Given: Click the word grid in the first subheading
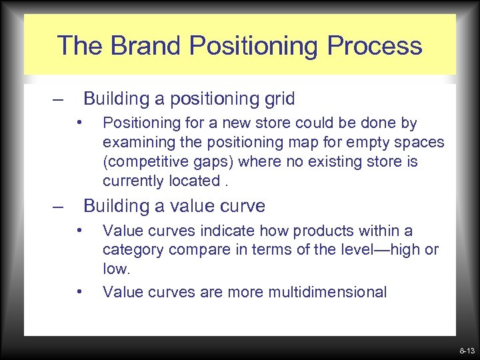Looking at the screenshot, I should (x=280, y=99).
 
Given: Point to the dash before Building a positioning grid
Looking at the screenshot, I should (x=59, y=100).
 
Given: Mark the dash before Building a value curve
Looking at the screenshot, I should (x=59, y=207).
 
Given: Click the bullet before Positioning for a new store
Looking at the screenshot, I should (x=79, y=122).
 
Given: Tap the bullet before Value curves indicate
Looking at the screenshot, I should (x=79, y=230).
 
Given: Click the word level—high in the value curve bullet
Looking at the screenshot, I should (x=386, y=251).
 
